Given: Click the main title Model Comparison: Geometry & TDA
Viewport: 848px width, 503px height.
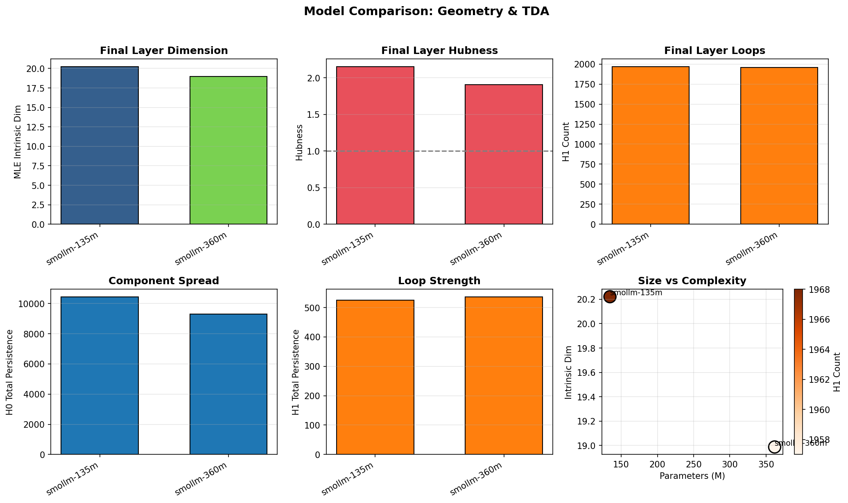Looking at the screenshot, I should pos(426,11).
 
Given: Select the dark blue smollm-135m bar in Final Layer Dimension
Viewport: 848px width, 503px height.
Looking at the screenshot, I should pos(99,145).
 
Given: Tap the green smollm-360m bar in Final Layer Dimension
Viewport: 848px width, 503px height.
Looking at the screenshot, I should pos(228,150).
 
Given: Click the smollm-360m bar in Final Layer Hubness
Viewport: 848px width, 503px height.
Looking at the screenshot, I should pos(504,154).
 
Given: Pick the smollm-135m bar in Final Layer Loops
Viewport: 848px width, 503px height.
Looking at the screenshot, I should pos(650,145).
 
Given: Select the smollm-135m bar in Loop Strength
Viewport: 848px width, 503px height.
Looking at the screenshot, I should pos(375,377).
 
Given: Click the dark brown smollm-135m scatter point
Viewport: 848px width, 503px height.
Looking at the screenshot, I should pos(610,296).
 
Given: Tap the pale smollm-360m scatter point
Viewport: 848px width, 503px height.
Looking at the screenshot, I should pos(774,447).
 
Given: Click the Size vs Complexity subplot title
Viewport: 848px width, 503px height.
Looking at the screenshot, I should pos(692,281).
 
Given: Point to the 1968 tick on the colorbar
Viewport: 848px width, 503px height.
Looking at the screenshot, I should pos(819,290).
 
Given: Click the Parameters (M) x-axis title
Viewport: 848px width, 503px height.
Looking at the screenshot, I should pos(692,476).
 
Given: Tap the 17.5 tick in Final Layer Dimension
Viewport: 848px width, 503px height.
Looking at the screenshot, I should pos(36,88).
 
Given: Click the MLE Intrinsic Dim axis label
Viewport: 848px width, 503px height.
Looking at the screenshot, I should pos(17,141).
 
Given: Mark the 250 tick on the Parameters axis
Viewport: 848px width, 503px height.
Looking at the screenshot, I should pos(693,465).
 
